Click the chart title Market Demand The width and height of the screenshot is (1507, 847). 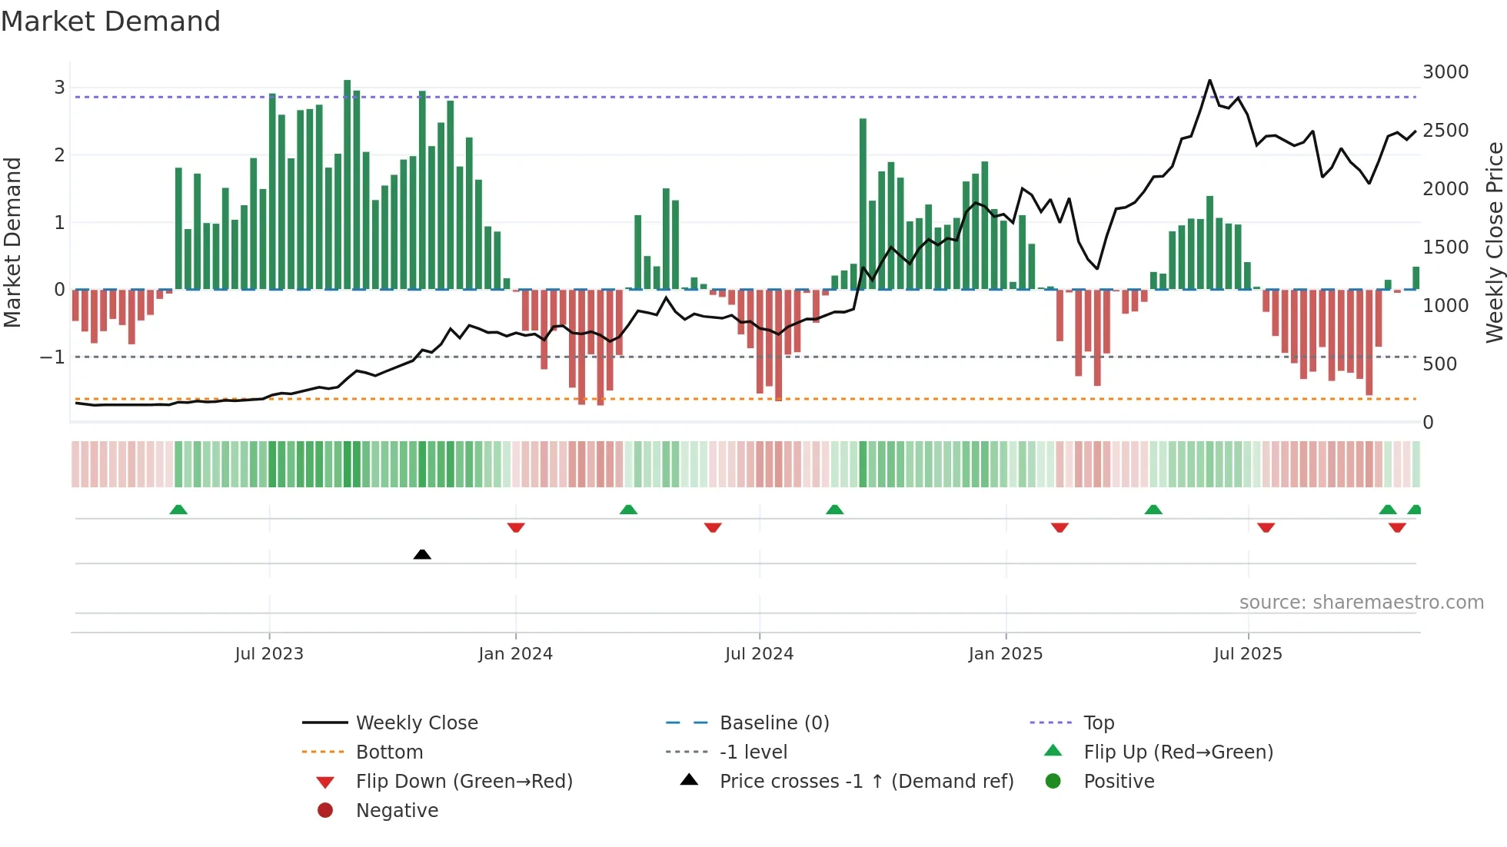tap(111, 22)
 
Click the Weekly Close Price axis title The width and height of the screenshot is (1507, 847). tap(1494, 242)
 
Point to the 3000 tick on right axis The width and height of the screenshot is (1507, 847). tap(1445, 72)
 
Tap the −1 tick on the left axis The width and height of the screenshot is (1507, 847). tap(52, 357)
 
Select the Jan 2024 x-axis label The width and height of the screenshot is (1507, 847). tap(515, 654)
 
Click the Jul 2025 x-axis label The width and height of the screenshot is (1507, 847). tap(1248, 654)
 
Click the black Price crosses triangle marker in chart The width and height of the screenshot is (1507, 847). tap(422, 554)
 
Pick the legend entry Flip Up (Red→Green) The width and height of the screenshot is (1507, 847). tap(1178, 752)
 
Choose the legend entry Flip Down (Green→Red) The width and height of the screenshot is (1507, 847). tap(464, 782)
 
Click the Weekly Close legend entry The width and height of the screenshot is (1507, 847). tap(417, 723)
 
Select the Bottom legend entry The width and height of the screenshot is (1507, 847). tap(389, 752)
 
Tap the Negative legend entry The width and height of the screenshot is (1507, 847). tap(397, 811)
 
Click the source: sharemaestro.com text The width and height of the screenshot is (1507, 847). tap(1361, 603)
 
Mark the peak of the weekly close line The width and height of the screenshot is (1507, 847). tap(1209, 80)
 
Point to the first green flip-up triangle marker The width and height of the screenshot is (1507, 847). tap(178, 510)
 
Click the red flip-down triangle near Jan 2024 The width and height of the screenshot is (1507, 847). tap(516, 527)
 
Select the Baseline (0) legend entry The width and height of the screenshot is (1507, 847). tap(773, 723)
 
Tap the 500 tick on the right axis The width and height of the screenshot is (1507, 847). tap(1439, 364)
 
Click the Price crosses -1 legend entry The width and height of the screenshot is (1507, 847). tap(866, 782)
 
